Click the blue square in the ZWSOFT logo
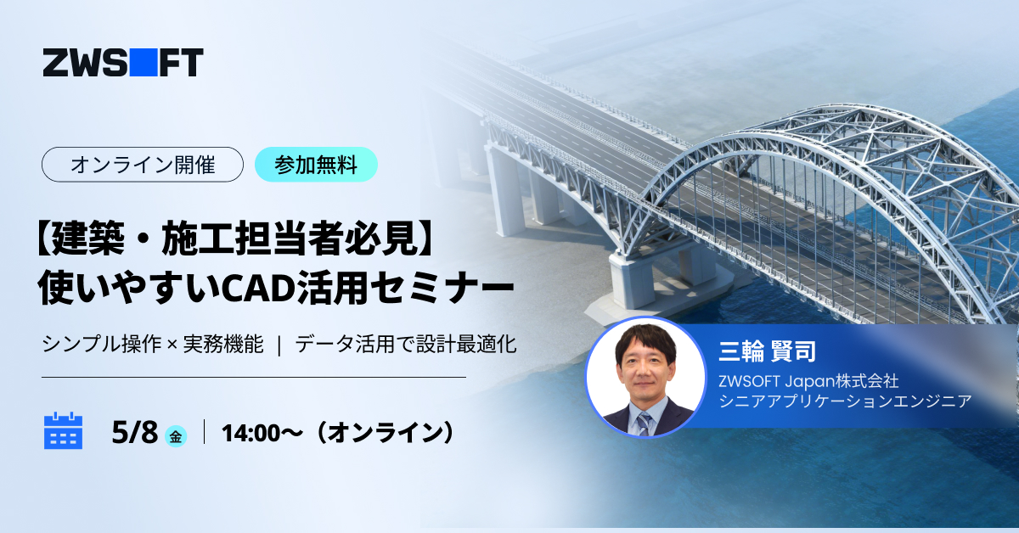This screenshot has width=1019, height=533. click(144, 62)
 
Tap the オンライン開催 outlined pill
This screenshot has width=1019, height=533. click(143, 165)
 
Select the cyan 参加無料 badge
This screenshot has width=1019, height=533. click(316, 165)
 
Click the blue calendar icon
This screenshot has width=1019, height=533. click(63, 430)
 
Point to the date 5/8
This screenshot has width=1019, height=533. click(135, 432)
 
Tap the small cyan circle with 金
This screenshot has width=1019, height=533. click(176, 436)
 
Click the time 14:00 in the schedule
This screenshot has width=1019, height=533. click(251, 433)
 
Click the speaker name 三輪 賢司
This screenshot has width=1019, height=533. click(768, 351)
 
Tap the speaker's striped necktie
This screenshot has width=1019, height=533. click(645, 424)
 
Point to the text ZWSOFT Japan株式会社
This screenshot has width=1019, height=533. click(808, 381)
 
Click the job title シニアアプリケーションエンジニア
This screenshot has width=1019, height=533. click(845, 401)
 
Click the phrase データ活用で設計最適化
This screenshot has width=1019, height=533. click(406, 344)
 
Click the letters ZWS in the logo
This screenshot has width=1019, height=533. click(85, 62)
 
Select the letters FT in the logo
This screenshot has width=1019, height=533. click(181, 62)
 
